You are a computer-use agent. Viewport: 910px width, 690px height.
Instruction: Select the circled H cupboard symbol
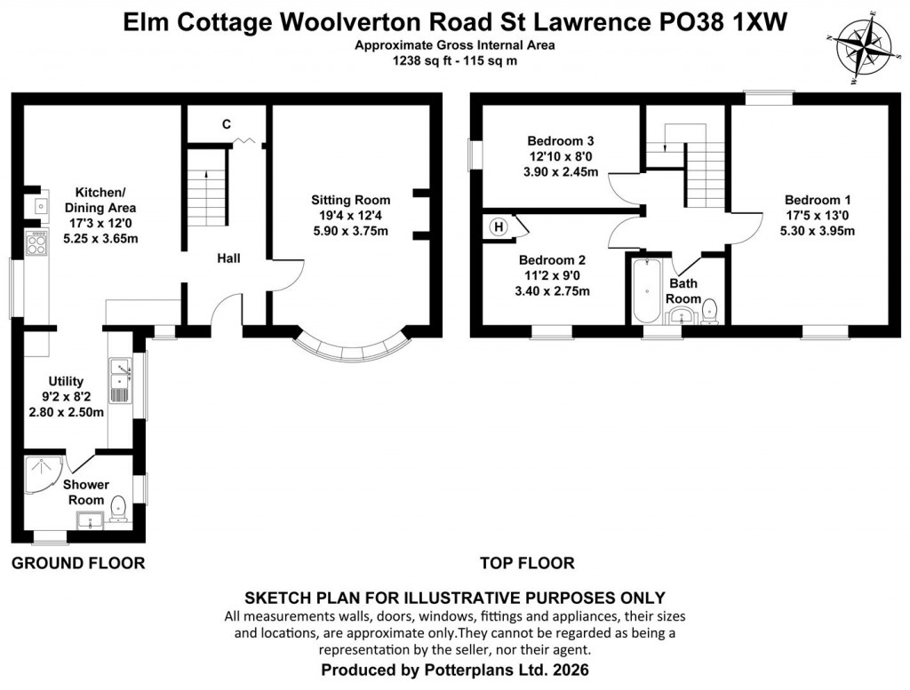click(x=499, y=226)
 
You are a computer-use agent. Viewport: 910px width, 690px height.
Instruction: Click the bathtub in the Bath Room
click(x=646, y=293)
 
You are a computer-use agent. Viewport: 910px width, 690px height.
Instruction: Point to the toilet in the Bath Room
click(x=708, y=312)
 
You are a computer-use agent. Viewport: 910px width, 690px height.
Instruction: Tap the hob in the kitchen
click(x=36, y=242)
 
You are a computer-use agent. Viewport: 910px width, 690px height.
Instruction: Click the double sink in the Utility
click(x=119, y=380)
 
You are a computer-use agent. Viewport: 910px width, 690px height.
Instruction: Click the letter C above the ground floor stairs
click(x=227, y=124)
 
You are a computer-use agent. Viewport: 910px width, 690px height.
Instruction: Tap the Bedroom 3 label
click(x=560, y=141)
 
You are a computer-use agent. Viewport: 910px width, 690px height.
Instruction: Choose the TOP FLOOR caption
click(x=526, y=563)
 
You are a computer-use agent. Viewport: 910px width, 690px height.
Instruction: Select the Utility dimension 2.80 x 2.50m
click(x=65, y=411)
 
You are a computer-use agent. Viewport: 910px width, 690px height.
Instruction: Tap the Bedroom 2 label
click(x=552, y=260)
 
